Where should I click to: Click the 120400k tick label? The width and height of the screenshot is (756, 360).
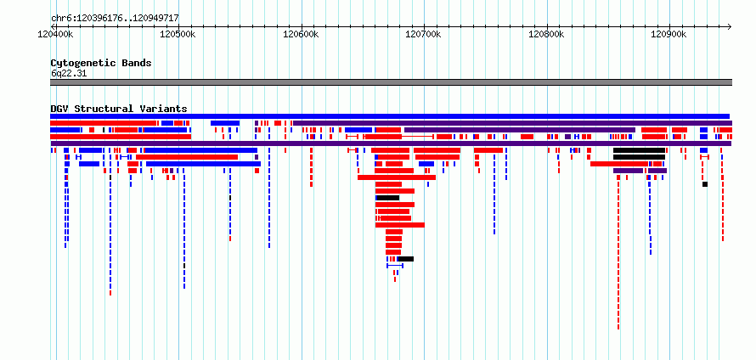[55, 34]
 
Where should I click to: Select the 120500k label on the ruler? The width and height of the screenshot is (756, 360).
[178, 34]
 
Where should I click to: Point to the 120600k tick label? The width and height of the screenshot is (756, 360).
[301, 34]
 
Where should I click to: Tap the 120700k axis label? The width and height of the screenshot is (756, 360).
[424, 34]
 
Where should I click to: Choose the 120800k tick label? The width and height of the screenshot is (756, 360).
[547, 34]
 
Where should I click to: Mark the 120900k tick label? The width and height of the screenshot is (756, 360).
[669, 34]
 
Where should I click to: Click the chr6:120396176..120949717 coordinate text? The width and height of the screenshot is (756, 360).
[115, 18]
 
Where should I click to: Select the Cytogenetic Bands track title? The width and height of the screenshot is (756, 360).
[101, 63]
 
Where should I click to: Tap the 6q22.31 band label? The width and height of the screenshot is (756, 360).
[69, 73]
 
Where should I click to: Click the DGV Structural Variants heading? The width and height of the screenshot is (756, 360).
[119, 109]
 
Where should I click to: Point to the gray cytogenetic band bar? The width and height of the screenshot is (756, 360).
[391, 82]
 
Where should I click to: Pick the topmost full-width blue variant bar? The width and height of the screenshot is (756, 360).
[390, 116]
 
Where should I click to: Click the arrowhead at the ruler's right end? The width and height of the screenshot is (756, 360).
[730, 26]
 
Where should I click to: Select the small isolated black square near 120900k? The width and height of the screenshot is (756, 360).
[705, 184]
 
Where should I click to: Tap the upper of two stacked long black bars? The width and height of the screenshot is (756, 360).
[639, 150]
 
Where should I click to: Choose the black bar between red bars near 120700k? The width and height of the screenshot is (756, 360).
[387, 198]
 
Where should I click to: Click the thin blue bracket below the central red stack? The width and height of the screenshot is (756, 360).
[395, 266]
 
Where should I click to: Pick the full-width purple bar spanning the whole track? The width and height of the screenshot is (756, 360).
[391, 143]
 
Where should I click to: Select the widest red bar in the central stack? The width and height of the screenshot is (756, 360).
[397, 177]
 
